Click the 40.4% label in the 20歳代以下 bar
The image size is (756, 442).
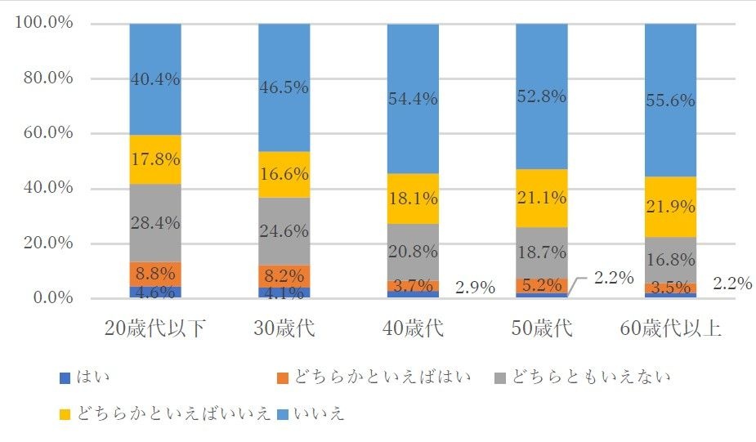point(155,79)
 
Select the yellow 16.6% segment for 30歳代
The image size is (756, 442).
point(284,174)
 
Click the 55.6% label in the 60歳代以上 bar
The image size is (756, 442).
point(670,100)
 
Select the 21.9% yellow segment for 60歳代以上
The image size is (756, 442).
point(670,207)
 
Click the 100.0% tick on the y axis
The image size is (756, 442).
point(43,23)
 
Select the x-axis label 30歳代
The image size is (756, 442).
point(284,329)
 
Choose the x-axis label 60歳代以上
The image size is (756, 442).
point(670,329)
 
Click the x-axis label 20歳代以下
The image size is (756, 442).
point(155,329)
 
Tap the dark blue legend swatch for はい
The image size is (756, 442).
point(65,377)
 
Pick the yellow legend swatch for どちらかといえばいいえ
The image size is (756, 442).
point(65,414)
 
